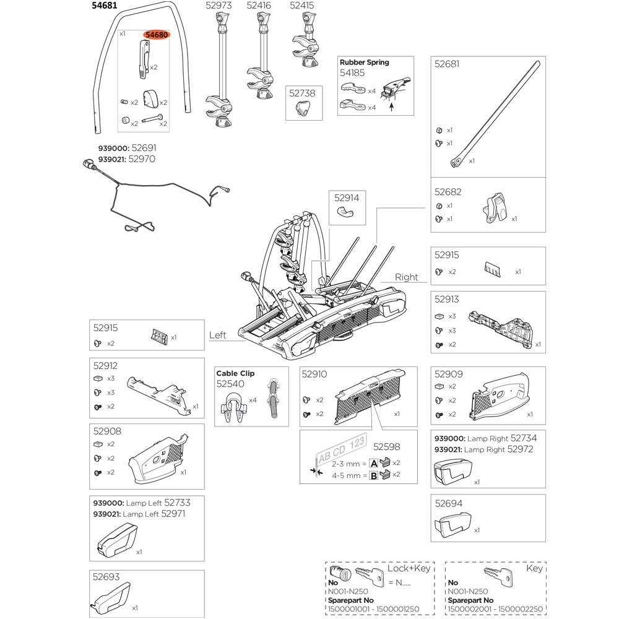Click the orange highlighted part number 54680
tap(157, 35)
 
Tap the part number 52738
tap(303, 93)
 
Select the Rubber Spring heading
tap(364, 62)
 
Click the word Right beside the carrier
tap(406, 277)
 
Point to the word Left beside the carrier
tap(218, 335)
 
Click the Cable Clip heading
tap(235, 373)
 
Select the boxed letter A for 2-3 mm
tap(373, 463)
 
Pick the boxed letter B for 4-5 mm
tap(373, 475)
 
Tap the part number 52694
tap(448, 504)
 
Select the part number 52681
tap(448, 64)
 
